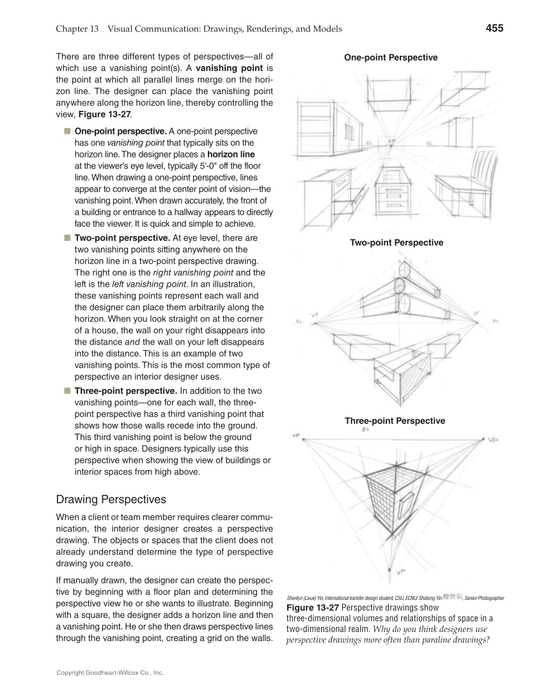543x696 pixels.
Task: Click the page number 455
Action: pos(494,28)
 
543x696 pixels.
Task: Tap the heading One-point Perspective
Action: pos(391,58)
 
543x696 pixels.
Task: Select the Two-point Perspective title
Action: pos(396,243)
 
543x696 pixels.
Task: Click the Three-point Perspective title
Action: pos(395,421)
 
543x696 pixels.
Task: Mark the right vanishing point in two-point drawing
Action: pos(475,314)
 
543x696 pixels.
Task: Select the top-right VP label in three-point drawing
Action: pos(493,440)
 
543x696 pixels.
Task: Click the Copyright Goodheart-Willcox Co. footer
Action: pos(110,673)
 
